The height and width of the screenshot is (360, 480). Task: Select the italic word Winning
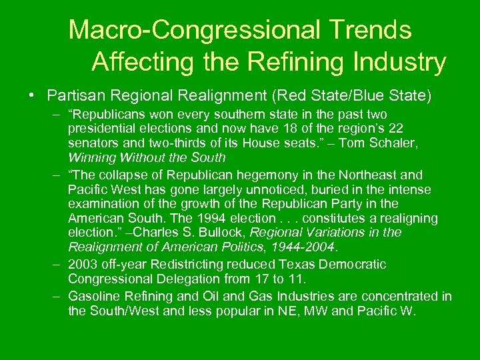click(x=93, y=158)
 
